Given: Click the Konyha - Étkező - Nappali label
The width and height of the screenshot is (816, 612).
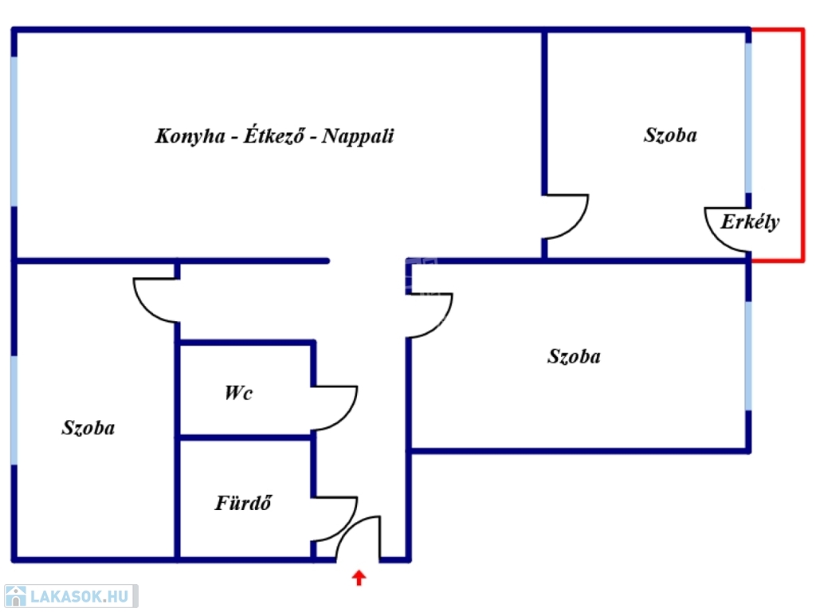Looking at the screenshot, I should [x=274, y=135].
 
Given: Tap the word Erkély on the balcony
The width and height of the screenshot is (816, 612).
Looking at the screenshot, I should [x=750, y=222].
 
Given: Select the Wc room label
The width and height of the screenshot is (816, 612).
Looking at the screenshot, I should [x=238, y=393].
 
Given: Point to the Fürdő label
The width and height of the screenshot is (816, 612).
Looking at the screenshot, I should [x=244, y=504].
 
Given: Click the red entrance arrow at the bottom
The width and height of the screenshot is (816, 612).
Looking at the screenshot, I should [x=359, y=577].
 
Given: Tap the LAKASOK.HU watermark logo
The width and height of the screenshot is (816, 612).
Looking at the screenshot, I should [x=69, y=596].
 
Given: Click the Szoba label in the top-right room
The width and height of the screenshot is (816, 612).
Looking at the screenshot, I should [x=670, y=135].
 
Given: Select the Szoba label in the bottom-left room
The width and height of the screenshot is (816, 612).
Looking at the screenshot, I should [x=88, y=428].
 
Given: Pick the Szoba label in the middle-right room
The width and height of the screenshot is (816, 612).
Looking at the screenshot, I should [x=574, y=356].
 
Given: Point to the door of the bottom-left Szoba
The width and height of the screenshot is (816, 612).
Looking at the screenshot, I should [x=155, y=300].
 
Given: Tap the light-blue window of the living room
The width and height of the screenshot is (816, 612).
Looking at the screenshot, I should [x=14, y=131].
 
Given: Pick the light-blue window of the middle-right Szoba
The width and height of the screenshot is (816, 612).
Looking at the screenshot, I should [x=747, y=355].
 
